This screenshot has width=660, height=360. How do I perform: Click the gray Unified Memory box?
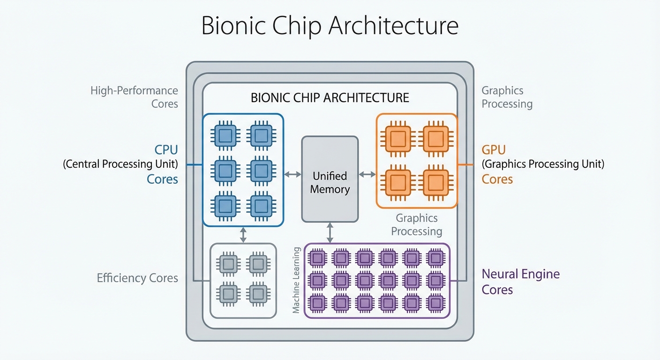click(330, 179)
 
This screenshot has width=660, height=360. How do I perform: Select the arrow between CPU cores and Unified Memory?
click(293, 174)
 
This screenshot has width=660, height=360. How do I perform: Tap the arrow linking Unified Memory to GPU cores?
click(367, 174)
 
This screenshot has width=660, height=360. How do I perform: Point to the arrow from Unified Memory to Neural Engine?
click(330, 232)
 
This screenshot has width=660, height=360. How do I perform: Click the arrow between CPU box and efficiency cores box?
click(243, 235)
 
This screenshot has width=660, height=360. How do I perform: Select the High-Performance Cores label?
click(135, 97)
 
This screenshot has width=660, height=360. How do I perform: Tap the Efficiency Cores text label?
click(137, 278)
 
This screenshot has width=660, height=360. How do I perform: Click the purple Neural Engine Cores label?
click(520, 281)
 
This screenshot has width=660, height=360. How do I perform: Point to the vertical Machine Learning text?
click(296, 280)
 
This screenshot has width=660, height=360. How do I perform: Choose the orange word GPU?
click(494, 150)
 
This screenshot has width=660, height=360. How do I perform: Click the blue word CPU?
click(166, 150)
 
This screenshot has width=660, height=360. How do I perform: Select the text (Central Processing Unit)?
click(120, 165)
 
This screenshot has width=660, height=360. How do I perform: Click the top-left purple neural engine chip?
click(318, 257)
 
